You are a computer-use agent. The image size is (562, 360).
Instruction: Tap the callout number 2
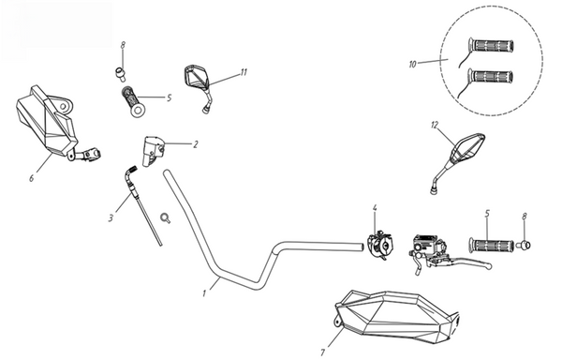coord(195,144)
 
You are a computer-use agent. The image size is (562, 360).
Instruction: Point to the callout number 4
coord(375,209)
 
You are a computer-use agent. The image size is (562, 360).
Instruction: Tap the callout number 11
coord(243,72)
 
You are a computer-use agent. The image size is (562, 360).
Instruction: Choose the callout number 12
coord(434,126)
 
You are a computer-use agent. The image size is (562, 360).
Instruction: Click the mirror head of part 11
coord(197,75)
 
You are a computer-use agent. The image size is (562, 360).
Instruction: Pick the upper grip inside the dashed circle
coord(493,45)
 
